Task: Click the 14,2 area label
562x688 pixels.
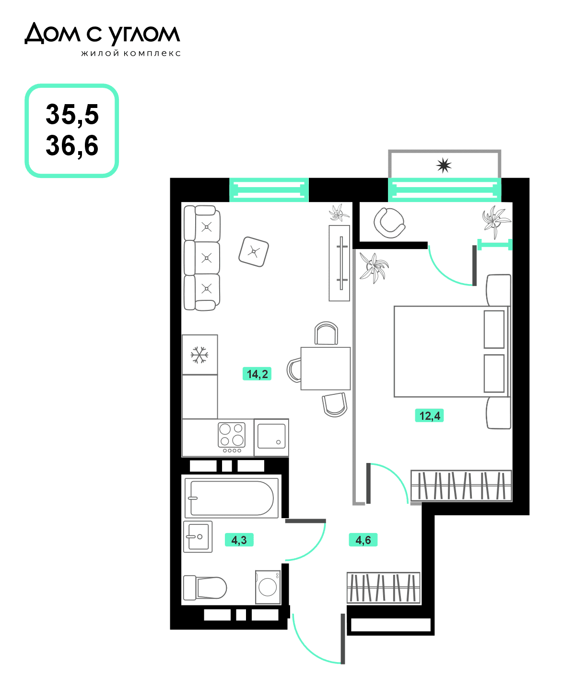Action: pos(257,374)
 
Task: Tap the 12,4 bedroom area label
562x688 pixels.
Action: pos(429,415)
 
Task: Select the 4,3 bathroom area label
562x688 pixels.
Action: pos(239,540)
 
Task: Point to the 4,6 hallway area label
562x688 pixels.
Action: pos(363,540)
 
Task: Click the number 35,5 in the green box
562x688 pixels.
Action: pos(72,115)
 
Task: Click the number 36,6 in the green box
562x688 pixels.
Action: pos(72,145)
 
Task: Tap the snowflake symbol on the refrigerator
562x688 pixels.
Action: pos(199,355)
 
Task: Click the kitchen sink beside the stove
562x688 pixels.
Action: pos(271,437)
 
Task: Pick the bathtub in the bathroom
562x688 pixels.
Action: pos(232,498)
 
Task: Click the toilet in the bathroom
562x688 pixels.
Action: pos(205,588)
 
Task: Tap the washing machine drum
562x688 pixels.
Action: pos(268,587)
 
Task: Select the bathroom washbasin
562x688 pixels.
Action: pos(198,537)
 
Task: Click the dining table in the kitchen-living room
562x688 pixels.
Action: pos(325,368)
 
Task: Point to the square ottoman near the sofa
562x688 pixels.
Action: pos(254,251)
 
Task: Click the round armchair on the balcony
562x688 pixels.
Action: pos(389,223)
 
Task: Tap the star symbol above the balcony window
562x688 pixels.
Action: pos(444,166)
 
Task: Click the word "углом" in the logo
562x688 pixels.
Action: pos(144,35)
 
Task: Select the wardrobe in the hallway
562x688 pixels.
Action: pos(384,588)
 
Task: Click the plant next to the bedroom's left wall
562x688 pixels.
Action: pos(374,268)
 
